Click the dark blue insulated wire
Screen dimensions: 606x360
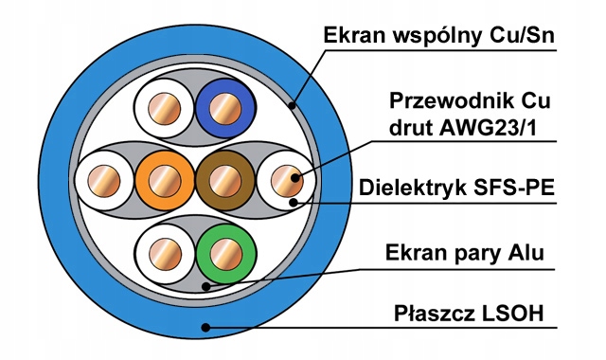(225, 108)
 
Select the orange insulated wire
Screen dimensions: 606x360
(165, 181)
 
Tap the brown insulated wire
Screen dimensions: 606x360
(225, 181)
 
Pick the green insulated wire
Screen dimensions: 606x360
(226, 254)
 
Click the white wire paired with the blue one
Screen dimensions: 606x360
(164, 108)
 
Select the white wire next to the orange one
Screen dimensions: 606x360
(104, 181)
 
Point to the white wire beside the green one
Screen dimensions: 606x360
(166, 254)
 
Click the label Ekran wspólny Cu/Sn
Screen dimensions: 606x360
(438, 35)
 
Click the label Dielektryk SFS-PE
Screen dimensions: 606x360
(456, 188)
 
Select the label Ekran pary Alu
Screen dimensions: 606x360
(464, 253)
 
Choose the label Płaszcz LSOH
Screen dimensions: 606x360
(469, 314)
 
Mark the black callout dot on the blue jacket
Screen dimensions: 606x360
(206, 328)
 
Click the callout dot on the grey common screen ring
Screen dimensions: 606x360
(293, 105)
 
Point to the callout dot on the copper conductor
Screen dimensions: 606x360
(295, 178)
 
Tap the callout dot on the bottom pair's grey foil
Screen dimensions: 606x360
(206, 286)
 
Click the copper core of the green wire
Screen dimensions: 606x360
(226, 254)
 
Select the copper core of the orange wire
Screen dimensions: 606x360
(165, 181)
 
